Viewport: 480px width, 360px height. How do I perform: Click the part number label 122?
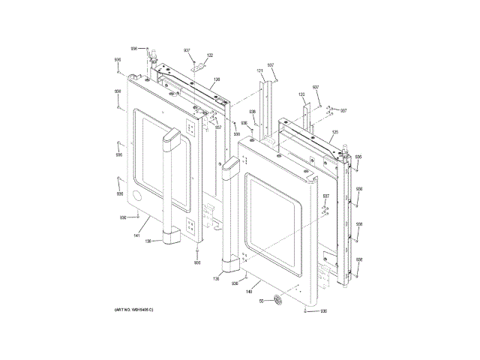click(209, 55)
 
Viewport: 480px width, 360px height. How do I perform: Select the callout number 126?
click(217, 79)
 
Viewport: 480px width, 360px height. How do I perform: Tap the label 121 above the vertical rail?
click(259, 70)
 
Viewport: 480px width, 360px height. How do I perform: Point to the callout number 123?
click(301, 94)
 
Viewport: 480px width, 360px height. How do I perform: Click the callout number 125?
click(335, 132)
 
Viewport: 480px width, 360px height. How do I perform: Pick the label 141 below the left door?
click(136, 236)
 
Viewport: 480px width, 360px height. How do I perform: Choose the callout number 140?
click(248, 292)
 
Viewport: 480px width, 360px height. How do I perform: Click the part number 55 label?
click(262, 301)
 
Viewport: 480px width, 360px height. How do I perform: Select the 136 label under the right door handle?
click(217, 278)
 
